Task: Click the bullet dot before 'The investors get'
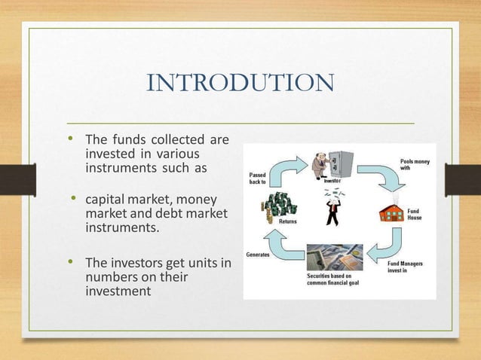pos(70,263)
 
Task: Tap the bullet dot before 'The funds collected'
pos(70,139)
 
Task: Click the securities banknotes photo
pos(334,258)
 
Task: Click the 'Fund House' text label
pos(415,213)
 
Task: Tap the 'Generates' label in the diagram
pos(259,254)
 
